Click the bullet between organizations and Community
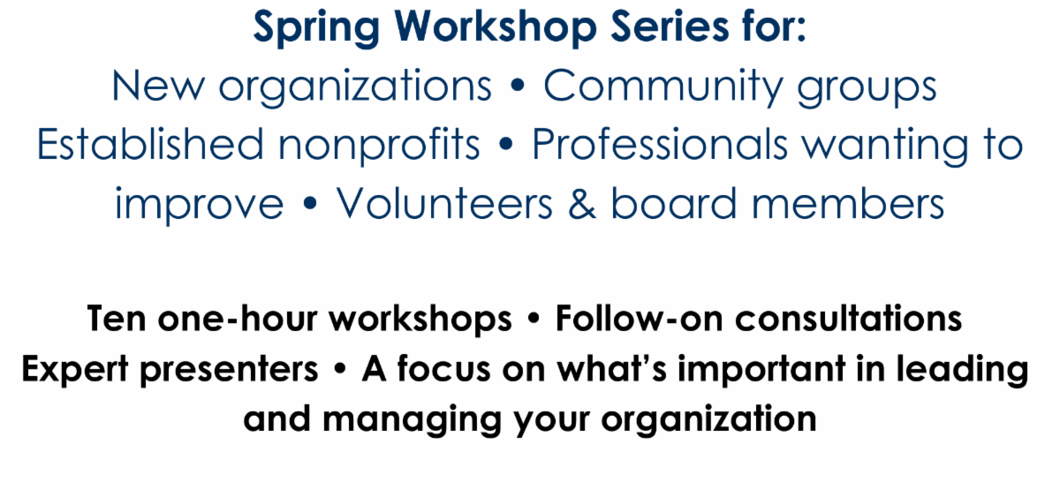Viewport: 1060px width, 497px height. pos(517,88)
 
